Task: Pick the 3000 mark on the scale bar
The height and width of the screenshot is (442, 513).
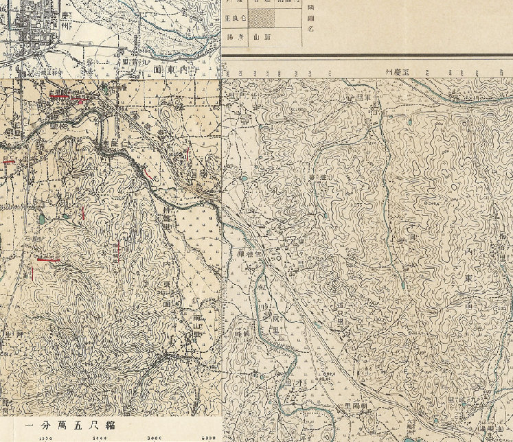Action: pos(152,437)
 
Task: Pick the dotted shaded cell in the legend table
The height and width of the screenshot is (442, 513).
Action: pos(260,17)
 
